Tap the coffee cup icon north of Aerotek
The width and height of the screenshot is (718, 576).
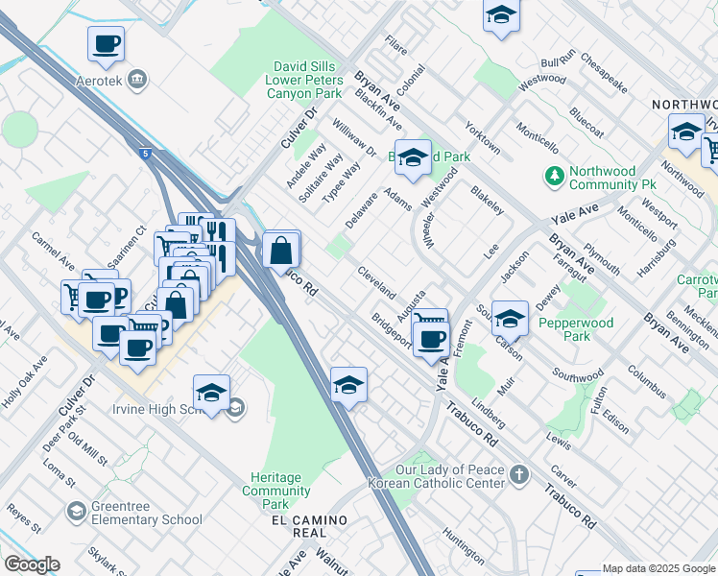click(x=106, y=44)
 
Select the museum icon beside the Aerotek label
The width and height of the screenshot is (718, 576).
click(x=137, y=78)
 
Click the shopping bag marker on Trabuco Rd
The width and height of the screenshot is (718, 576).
click(x=280, y=252)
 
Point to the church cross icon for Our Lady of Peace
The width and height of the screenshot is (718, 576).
click(x=518, y=474)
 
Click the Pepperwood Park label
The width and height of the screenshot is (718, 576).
click(x=577, y=331)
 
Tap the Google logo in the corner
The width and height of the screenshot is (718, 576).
click(x=32, y=564)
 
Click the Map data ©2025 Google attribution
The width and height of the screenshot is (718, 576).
click(x=658, y=568)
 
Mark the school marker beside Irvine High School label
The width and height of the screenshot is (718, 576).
click(x=211, y=394)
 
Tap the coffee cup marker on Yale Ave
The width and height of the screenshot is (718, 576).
click(x=432, y=339)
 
